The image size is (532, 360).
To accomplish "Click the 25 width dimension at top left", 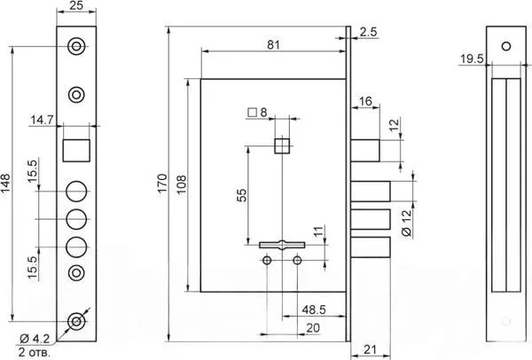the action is point(76,5).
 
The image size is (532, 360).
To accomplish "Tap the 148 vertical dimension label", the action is point(6,184).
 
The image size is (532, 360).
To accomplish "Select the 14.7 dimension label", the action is point(42,120).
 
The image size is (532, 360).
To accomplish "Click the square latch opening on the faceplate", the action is point(76,151).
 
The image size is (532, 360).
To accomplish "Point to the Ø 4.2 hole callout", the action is point(35,339).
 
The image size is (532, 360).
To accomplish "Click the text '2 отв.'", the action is point(35,352).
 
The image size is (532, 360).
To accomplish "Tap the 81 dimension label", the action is point(273,44).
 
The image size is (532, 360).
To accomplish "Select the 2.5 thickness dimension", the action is point(369,32).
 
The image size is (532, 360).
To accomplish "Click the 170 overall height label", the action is point(163,184).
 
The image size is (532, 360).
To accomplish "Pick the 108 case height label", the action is point(182,184).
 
